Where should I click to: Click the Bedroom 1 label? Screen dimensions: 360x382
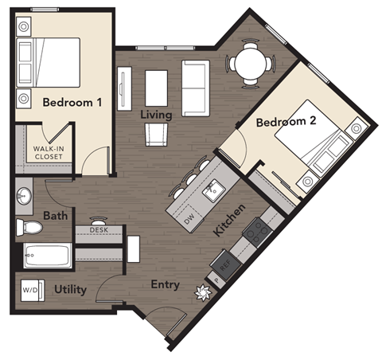(x=72, y=102)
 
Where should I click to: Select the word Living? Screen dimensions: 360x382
(x=156, y=115)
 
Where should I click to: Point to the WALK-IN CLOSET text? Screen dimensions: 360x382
(x=48, y=152)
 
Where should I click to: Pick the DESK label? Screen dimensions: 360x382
(x=99, y=230)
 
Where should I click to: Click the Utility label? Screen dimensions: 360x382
(x=71, y=290)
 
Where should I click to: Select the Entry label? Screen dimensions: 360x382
(x=165, y=285)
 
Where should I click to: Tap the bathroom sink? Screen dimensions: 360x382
(x=24, y=195)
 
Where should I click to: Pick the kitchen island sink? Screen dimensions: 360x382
(x=212, y=190)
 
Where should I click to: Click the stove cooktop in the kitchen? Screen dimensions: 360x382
(x=256, y=232)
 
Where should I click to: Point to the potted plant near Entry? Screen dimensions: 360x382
(x=203, y=293)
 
